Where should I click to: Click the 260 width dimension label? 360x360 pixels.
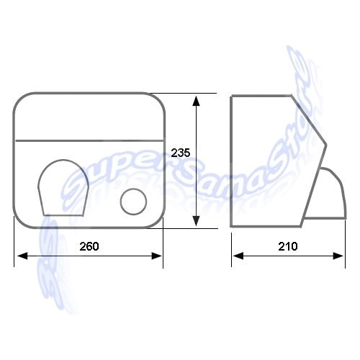click(89, 246)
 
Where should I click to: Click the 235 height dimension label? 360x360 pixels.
click(181, 153)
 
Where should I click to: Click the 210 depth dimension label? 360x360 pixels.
click(288, 246)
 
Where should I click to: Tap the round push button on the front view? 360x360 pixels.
click(133, 202)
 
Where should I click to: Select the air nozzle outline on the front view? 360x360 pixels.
click(63, 188)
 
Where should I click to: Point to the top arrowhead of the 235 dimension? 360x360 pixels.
click(197, 101)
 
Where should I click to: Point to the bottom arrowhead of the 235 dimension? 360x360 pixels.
click(197, 221)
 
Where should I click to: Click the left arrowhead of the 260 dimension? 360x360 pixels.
click(22, 256)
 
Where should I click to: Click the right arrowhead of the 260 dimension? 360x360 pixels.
click(156, 256)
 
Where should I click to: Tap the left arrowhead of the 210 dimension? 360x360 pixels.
click(238, 256)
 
